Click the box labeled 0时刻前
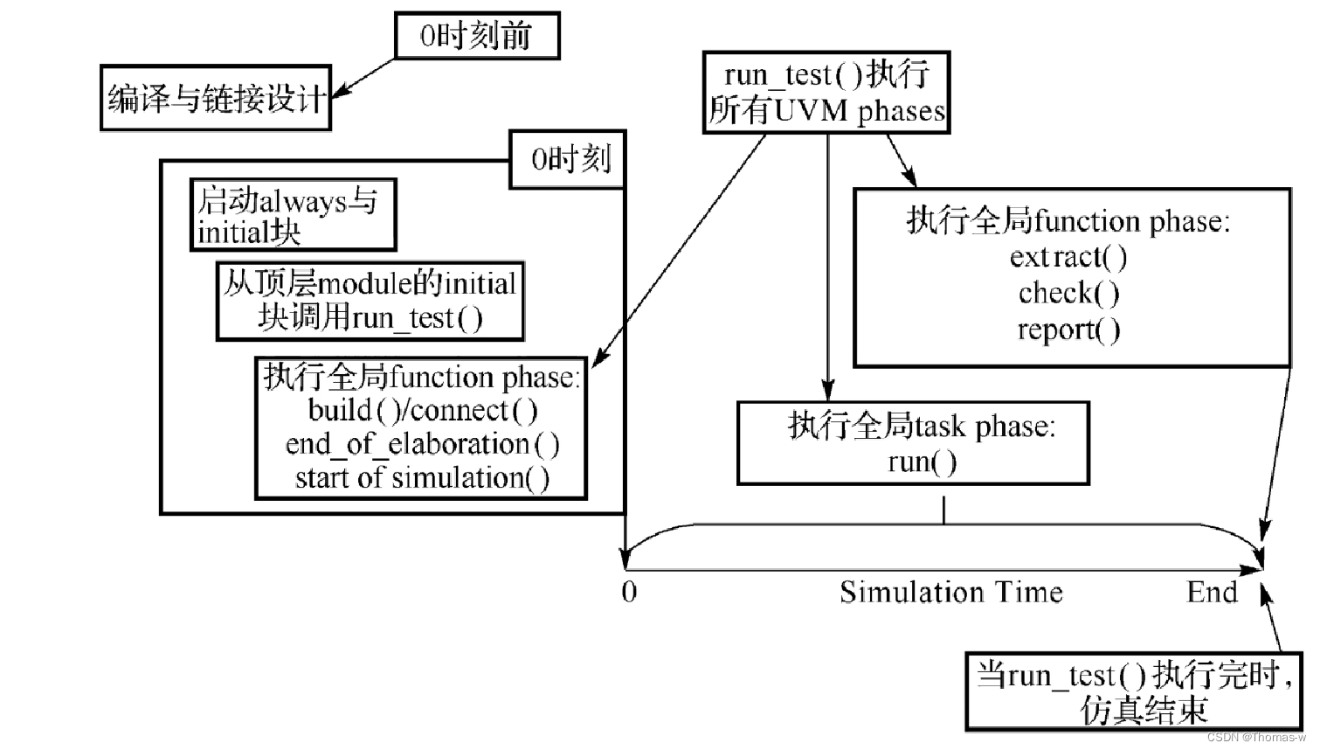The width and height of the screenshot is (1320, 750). click(476, 36)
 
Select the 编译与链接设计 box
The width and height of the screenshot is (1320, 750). click(215, 98)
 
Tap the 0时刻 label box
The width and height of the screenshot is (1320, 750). click(569, 160)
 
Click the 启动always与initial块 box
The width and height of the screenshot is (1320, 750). click(293, 216)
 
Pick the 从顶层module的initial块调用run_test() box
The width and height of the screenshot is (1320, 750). click(370, 301)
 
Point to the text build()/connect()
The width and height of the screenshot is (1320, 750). click(422, 410)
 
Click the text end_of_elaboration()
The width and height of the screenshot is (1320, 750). click(422, 444)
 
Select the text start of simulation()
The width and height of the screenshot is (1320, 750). click(422, 478)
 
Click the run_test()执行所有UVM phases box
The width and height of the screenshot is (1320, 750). click(826, 93)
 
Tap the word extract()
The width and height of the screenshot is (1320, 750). click(1068, 257)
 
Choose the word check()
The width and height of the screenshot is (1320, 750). click(1068, 293)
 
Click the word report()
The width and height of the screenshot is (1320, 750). click(1068, 330)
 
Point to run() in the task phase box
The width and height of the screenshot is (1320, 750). click(922, 462)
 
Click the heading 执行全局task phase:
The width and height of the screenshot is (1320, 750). click(922, 426)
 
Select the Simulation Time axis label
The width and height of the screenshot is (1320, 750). click(950, 592)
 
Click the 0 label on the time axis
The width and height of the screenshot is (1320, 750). click(629, 592)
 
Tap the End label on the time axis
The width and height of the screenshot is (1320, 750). click(1211, 592)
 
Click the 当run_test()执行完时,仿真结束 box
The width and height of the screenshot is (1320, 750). click(1134, 691)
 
